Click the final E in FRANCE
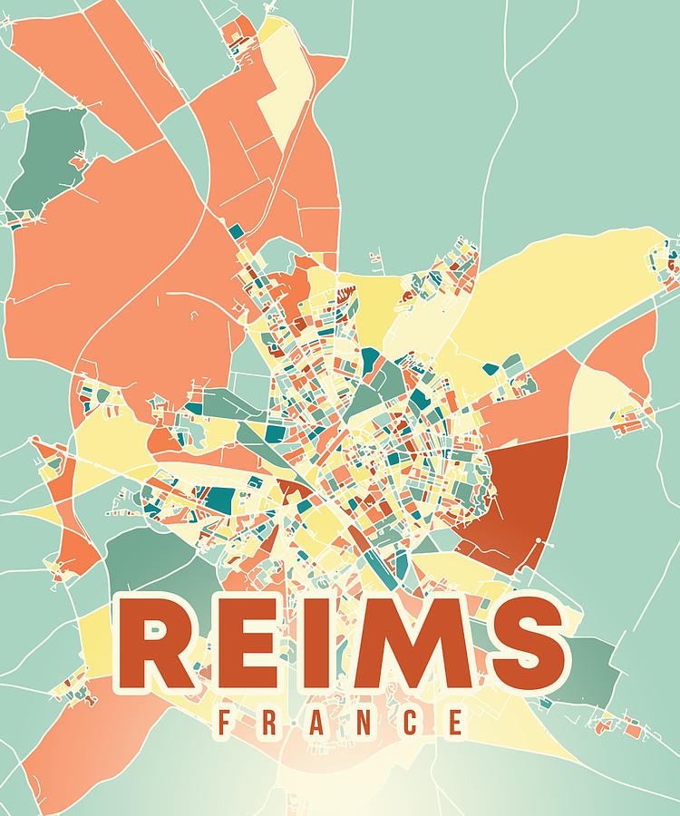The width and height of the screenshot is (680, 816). click(456, 723)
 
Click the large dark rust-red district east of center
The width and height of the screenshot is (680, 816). click(521, 499)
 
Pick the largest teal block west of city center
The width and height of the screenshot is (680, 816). click(219, 498)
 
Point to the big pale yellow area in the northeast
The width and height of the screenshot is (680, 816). click(562, 290)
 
